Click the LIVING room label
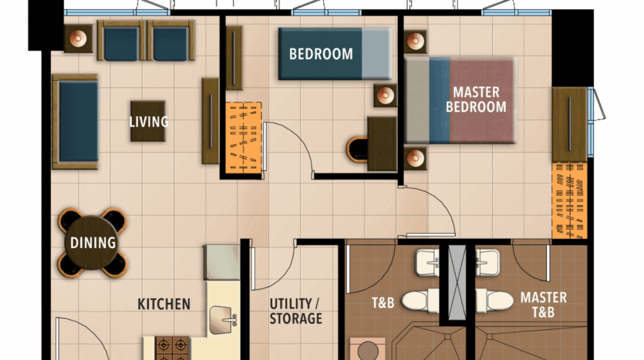[x=149, y=122]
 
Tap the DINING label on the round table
[x=93, y=243]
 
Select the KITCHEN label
[x=164, y=304]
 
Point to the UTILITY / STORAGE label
[x=295, y=311]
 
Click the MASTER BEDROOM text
[x=477, y=99]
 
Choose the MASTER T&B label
[x=544, y=304]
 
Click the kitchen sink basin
[x=223, y=320]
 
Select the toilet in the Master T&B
[x=494, y=301]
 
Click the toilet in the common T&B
[x=420, y=301]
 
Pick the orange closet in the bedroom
[x=244, y=137]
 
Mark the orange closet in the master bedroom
[x=570, y=200]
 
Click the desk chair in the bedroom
[x=356, y=150]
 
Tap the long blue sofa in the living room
[x=75, y=122]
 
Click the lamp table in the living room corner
[x=78, y=39]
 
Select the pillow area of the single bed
[x=376, y=54]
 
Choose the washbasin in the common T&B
[x=427, y=263]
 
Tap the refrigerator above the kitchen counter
[x=222, y=263]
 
